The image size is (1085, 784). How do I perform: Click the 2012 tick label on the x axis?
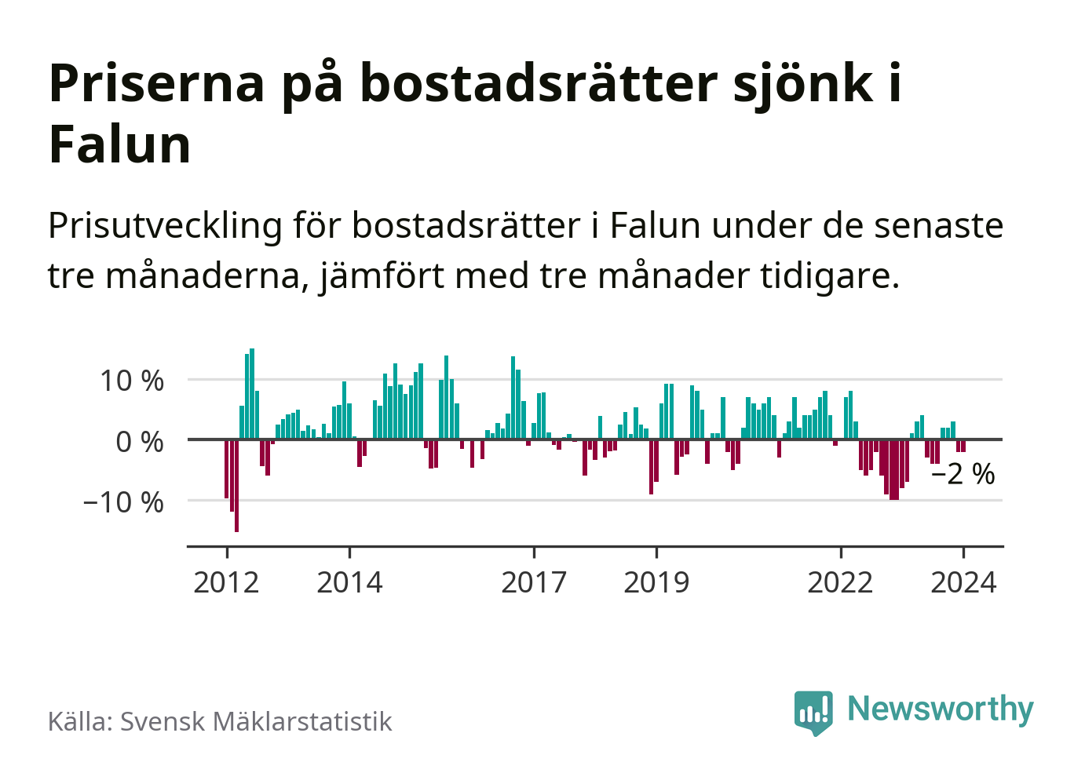(x=226, y=583)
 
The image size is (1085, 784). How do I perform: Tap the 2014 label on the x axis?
(x=349, y=583)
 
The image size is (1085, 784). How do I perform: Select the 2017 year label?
(x=534, y=583)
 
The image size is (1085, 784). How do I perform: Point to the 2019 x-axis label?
(x=656, y=583)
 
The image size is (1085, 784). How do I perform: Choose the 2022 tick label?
(x=840, y=583)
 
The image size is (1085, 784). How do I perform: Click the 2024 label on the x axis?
(x=963, y=583)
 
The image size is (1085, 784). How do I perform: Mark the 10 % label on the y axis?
(x=132, y=381)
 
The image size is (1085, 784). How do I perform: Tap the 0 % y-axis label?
(x=140, y=442)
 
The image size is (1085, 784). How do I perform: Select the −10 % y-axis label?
(x=123, y=502)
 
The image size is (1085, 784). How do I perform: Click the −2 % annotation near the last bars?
(x=963, y=474)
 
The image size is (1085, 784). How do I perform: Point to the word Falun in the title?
(x=120, y=145)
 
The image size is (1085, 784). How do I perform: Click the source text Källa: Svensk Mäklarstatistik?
(x=220, y=721)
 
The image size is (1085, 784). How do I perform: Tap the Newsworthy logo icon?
(x=813, y=712)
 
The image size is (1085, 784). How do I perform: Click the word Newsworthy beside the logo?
(x=941, y=709)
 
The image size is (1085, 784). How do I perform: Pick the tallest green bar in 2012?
(x=252, y=393)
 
